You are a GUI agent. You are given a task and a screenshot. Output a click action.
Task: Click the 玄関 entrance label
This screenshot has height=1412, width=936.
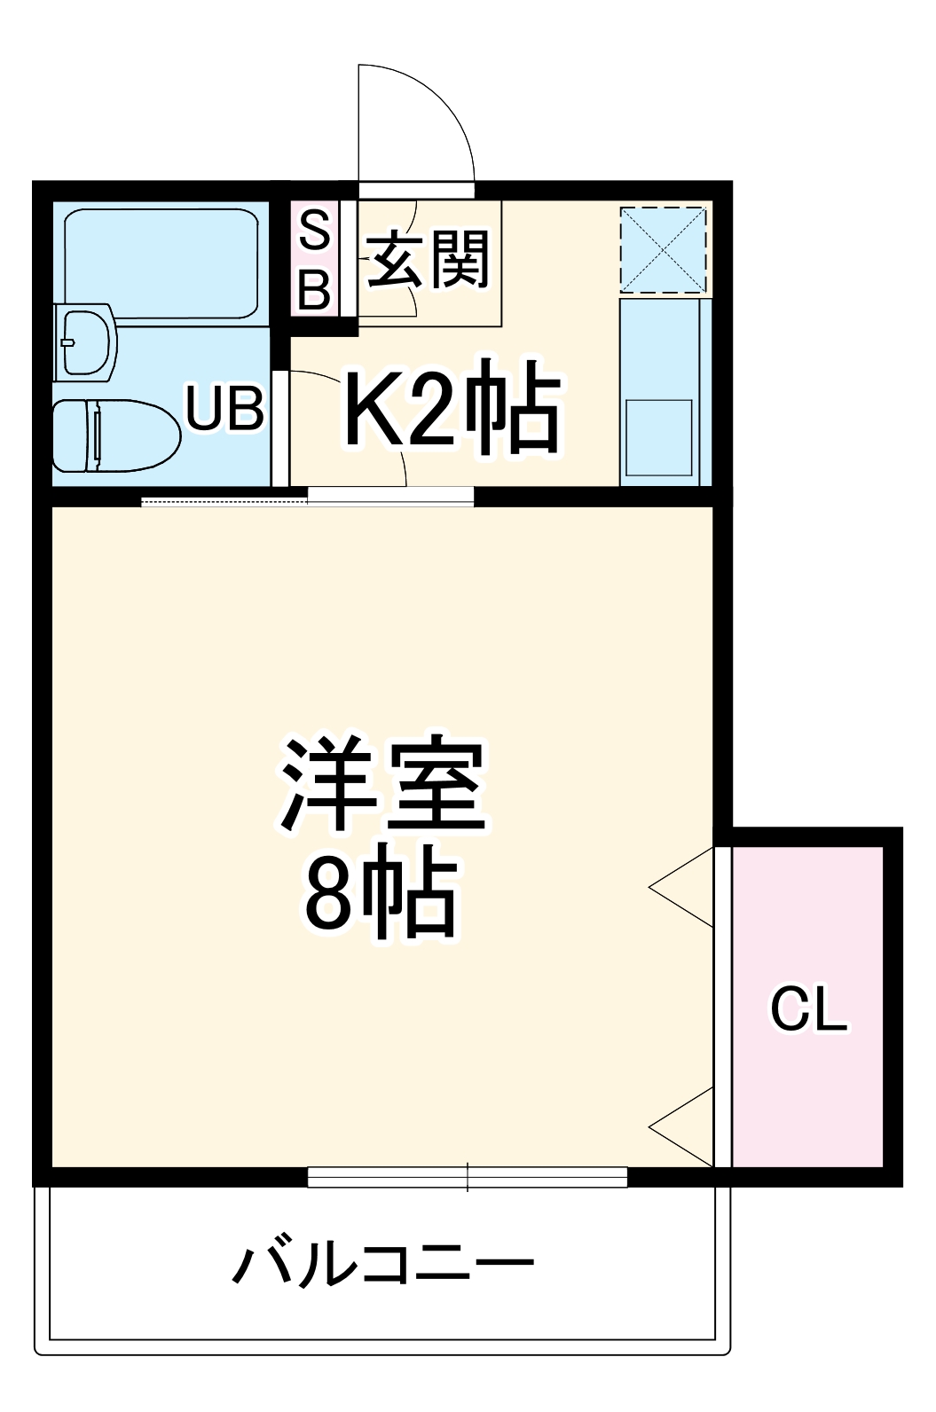[429, 260]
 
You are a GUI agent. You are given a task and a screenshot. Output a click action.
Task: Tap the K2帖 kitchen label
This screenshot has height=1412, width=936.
[452, 407]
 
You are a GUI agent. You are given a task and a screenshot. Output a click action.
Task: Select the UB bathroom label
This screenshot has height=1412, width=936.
[225, 409]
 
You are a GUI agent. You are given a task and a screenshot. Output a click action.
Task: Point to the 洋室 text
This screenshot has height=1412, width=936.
[383, 785]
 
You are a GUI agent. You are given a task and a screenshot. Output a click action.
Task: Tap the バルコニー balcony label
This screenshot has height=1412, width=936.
[383, 1263]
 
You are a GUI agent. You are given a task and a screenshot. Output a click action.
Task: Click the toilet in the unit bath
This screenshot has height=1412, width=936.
[115, 435]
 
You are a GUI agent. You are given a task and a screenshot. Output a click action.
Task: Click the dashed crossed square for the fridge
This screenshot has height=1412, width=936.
[663, 249]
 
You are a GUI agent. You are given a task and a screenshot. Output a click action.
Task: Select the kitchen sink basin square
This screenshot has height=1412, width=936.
[659, 437]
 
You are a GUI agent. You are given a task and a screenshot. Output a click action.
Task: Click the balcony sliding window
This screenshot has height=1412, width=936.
[468, 1177]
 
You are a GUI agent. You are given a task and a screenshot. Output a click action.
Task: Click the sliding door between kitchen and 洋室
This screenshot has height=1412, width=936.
[390, 496]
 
